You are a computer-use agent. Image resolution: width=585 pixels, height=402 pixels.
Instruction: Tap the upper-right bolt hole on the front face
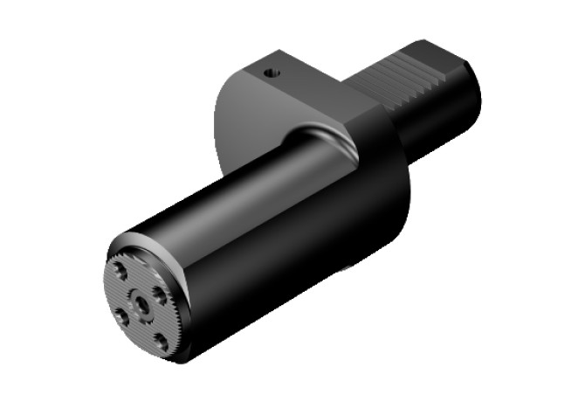pos(159,292)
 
